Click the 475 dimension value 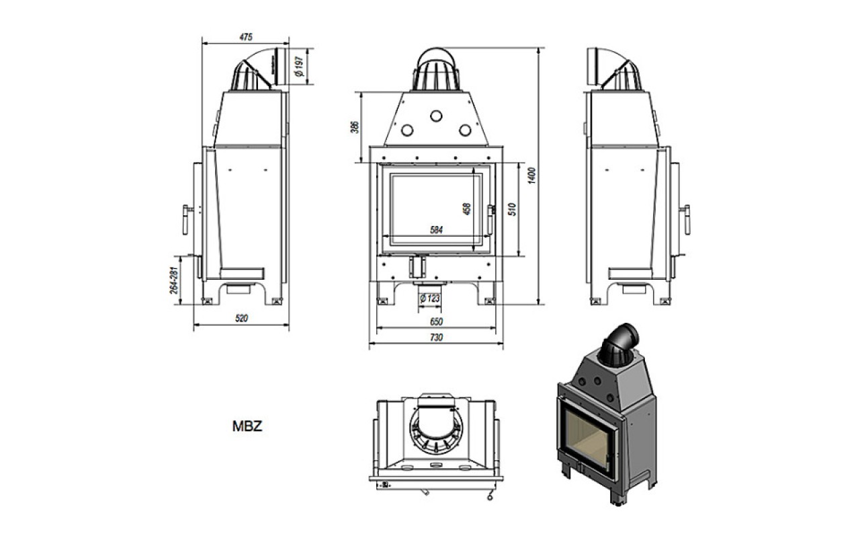tap(246, 37)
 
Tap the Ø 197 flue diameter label tap(300, 66)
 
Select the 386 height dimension tap(355, 127)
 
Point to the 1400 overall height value tap(531, 176)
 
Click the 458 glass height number tap(467, 208)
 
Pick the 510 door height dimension tap(512, 209)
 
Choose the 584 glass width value tap(436, 230)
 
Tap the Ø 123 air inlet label tap(429, 298)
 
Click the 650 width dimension tap(436, 321)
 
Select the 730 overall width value tap(436, 338)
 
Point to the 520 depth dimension tap(241, 318)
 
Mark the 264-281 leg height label tap(174, 280)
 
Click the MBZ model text tap(247, 426)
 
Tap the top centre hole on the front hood tap(436, 116)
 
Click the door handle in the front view tap(490, 219)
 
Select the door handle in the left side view tap(186, 220)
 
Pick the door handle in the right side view tap(686, 220)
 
